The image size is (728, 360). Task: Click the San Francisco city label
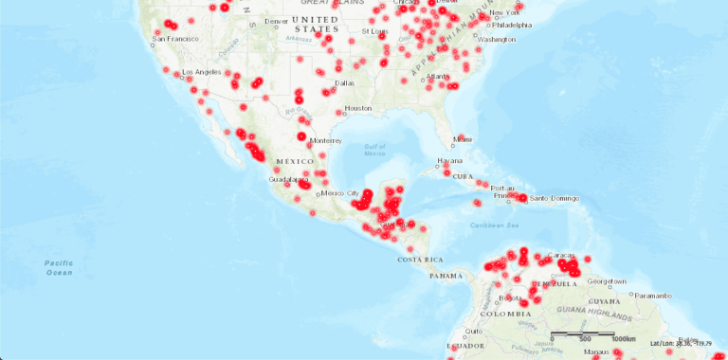coord(173,39)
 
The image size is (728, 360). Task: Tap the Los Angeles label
coord(201,73)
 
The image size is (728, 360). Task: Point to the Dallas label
coord(345,82)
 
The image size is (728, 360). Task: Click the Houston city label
coord(358,108)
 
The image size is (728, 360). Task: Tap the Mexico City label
coord(339,193)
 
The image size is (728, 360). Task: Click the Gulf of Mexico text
coord(376,150)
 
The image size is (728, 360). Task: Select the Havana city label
coord(449,161)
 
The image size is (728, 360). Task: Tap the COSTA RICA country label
coord(421,260)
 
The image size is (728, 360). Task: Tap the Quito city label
coord(472,331)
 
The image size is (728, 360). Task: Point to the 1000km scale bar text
coord(623,338)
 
